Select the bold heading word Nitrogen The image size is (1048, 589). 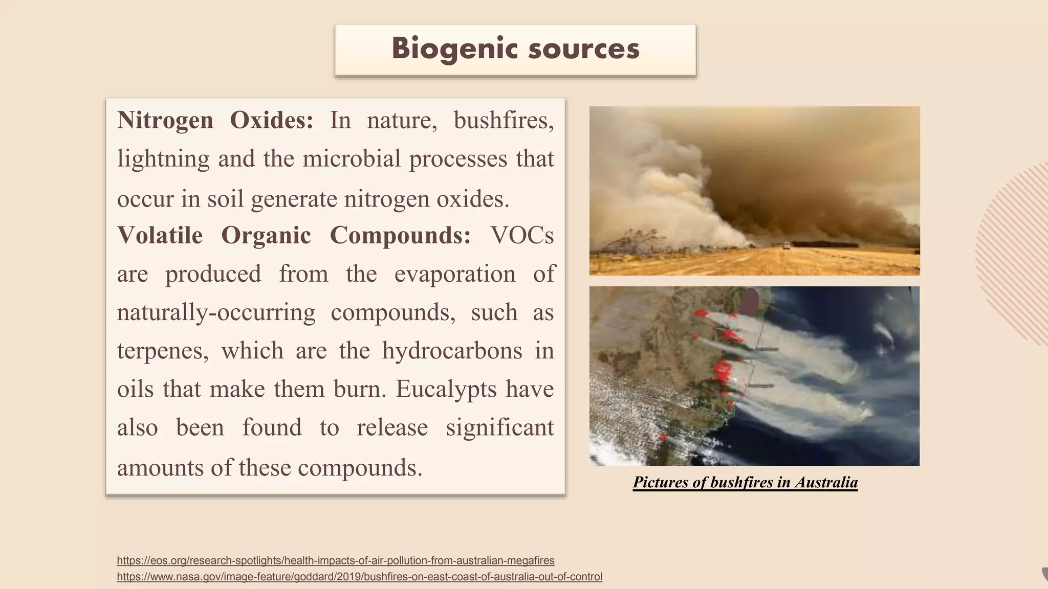[165, 121]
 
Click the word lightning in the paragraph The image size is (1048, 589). [163, 159]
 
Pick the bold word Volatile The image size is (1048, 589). [160, 236]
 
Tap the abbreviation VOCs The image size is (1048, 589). [522, 236]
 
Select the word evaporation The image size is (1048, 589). [455, 274]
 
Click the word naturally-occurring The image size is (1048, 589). [216, 312]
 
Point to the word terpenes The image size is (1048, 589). [163, 351]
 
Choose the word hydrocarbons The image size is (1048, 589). [452, 351]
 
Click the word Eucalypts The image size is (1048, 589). [446, 390]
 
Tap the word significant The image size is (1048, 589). [499, 428]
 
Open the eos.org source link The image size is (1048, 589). [335, 560]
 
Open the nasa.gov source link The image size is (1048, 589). [359, 577]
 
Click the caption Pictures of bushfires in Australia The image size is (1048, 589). [745, 482]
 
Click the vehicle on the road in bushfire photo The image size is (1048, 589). [787, 246]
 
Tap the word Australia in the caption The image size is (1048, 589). [826, 482]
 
